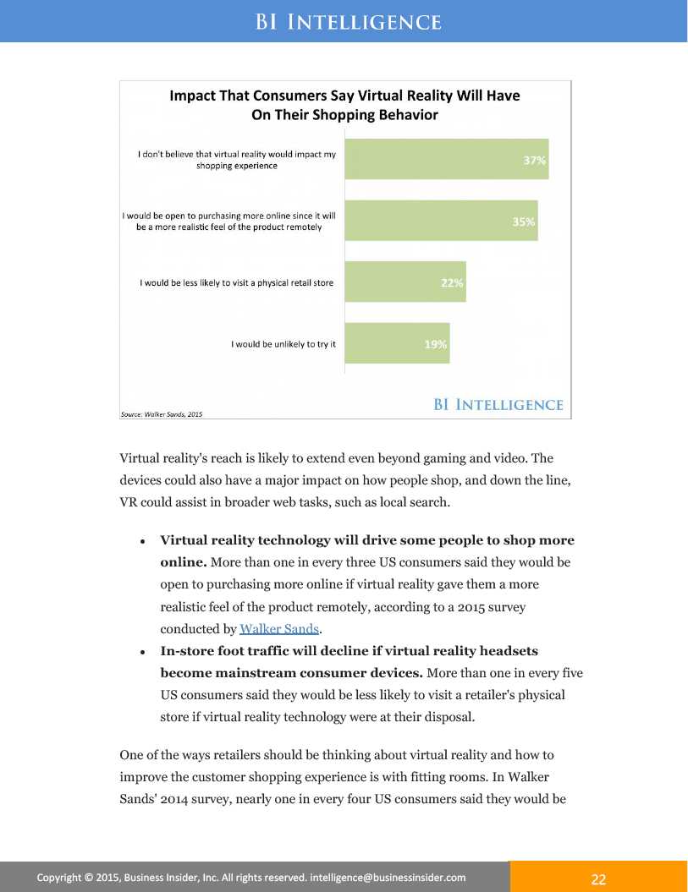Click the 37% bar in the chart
(x=446, y=159)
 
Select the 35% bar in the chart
(x=441, y=221)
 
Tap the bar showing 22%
(x=405, y=282)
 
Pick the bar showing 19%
(x=397, y=343)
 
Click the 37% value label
(x=534, y=160)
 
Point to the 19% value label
(x=435, y=344)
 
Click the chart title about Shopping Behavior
(x=344, y=105)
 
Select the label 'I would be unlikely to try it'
(x=283, y=344)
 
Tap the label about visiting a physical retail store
(x=237, y=282)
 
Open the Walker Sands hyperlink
(x=278, y=628)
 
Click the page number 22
(x=598, y=879)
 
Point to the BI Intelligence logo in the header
(x=348, y=22)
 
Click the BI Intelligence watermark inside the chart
(x=498, y=405)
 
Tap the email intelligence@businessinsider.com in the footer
(x=388, y=878)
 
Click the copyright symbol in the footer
(x=89, y=878)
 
